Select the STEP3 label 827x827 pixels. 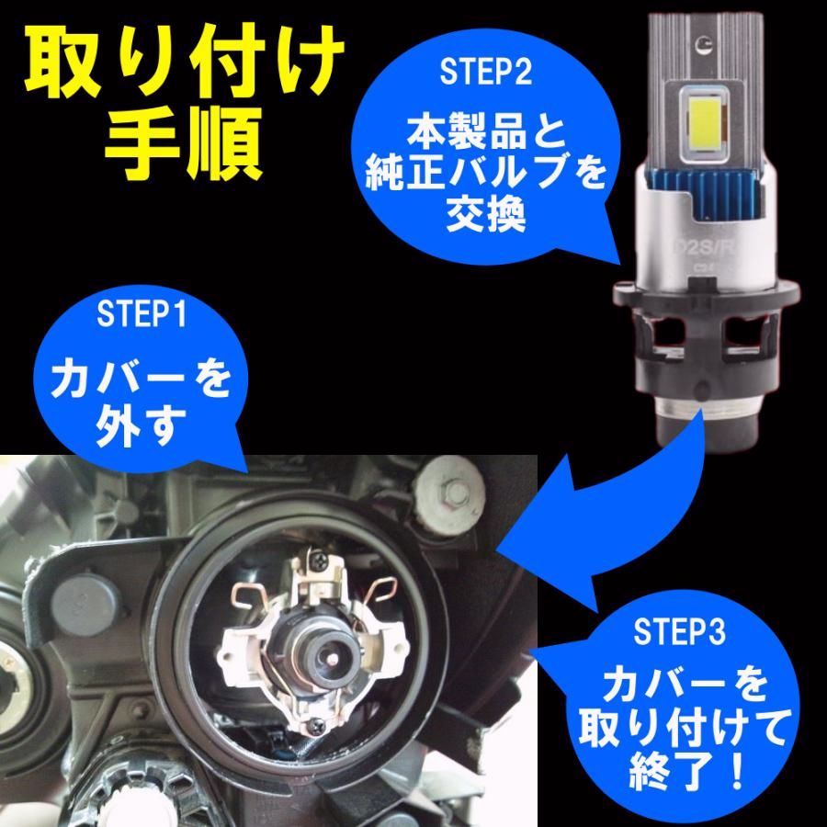[678, 633]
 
